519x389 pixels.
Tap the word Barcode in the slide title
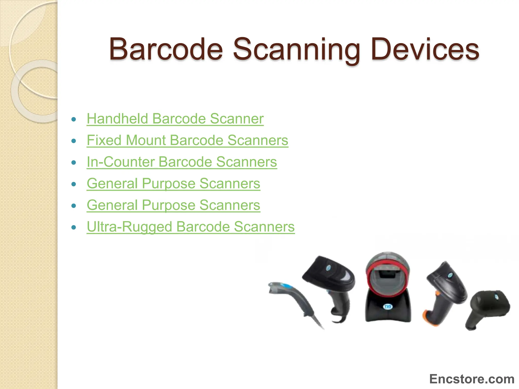166,49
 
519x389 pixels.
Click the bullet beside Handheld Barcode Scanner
74,119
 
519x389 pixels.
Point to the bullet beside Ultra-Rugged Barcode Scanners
74,227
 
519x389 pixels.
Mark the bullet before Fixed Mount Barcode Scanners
74,141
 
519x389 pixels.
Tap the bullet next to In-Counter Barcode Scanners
74,162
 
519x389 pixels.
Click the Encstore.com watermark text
472,379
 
